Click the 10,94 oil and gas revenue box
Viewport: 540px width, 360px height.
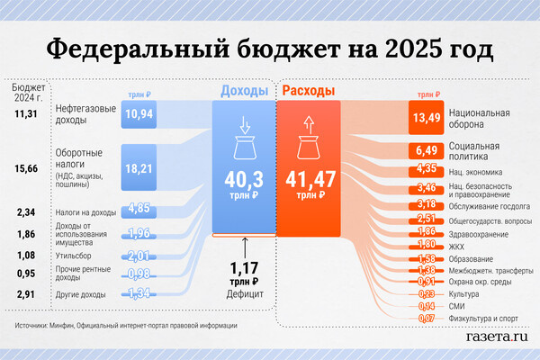point(139,114)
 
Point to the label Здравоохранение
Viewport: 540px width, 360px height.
point(478,234)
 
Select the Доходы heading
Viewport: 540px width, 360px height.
point(243,91)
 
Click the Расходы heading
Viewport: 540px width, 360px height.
point(309,91)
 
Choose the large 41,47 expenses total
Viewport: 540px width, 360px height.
point(308,177)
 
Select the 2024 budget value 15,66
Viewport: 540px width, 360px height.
point(27,167)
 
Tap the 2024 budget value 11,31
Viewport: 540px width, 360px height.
point(27,114)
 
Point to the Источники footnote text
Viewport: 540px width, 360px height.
point(126,325)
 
